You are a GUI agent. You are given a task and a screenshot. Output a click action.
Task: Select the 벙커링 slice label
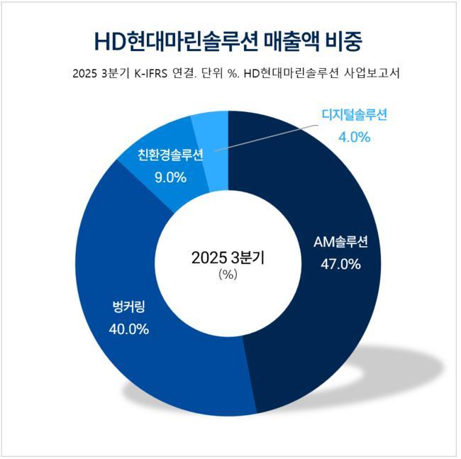(129, 306)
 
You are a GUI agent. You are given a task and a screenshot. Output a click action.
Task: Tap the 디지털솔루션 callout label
(352, 114)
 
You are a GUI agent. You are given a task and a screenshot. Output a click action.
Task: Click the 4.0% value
(352, 136)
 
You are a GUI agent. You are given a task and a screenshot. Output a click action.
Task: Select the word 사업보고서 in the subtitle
(371, 74)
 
